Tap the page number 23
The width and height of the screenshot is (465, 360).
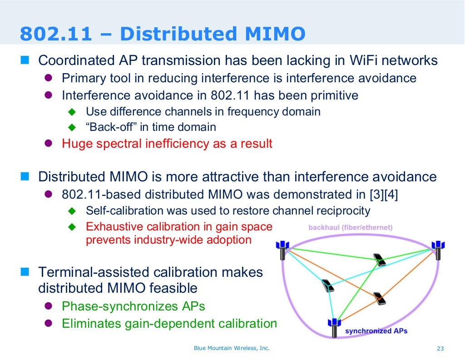[x=440, y=349]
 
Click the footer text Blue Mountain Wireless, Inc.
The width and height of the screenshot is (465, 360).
[x=232, y=348]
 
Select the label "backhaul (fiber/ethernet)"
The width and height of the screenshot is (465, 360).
[x=350, y=227]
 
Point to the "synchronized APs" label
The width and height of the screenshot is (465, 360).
[x=376, y=331]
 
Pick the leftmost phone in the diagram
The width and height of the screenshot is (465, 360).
[x=327, y=285]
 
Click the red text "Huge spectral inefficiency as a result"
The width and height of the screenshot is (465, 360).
[x=167, y=144]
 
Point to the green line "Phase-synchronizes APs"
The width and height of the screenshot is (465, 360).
[x=133, y=306]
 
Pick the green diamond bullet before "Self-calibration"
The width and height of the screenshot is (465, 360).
[x=71, y=211]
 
